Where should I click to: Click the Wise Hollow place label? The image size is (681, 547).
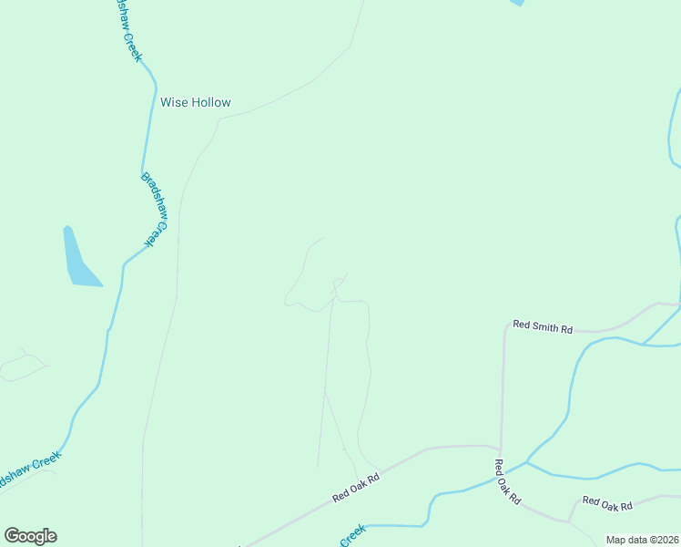pyautogui.click(x=196, y=102)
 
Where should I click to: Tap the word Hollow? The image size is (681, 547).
pyautogui.click(x=211, y=102)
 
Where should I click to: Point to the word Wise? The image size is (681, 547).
pyautogui.click(x=173, y=102)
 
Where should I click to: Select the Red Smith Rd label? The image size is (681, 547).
pyautogui.click(x=543, y=325)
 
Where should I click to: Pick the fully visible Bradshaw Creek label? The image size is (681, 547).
pyautogui.click(x=155, y=209)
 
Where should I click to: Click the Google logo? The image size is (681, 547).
pyautogui.click(x=30, y=536)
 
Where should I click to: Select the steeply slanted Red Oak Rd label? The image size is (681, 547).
pyautogui.click(x=507, y=481)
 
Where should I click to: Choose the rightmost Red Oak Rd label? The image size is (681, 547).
pyautogui.click(x=607, y=502)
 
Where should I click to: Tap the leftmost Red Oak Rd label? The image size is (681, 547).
pyautogui.click(x=355, y=486)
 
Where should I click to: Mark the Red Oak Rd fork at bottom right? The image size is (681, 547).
pyautogui.click(x=570, y=521)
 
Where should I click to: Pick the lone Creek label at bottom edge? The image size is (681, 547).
pyautogui.click(x=353, y=535)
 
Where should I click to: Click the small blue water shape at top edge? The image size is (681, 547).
pyautogui.click(x=517, y=3)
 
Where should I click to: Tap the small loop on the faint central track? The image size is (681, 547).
pyautogui.click(x=339, y=283)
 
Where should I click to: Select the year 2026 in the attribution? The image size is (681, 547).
pyautogui.click(x=666, y=540)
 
